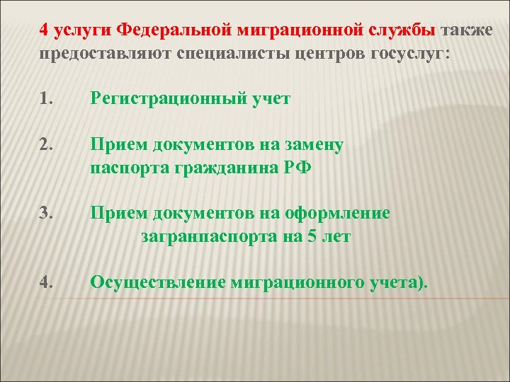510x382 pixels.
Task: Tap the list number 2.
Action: [45, 146]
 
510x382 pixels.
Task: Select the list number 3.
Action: [45, 214]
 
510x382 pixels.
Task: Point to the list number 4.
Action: [46, 282]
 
